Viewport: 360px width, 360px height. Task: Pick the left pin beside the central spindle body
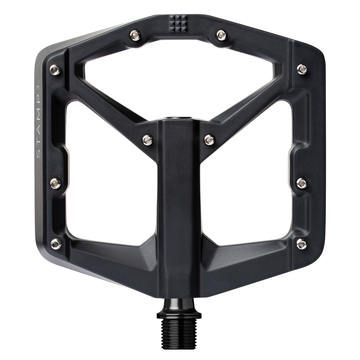(147, 138)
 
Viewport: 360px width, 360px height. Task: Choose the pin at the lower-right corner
(302, 243)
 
